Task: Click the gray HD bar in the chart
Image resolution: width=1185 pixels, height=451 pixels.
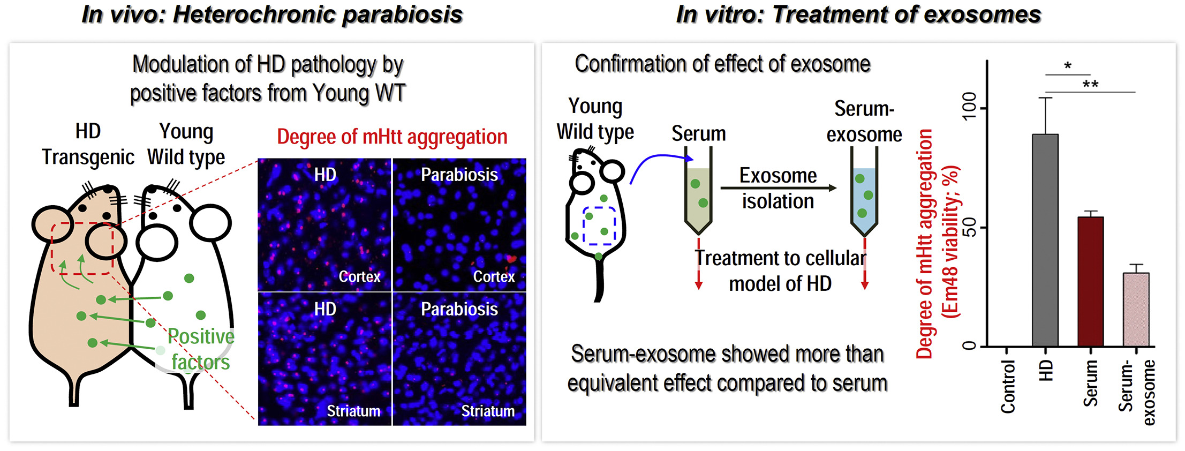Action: coord(1045,241)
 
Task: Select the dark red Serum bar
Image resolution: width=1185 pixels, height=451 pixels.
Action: coord(1090,281)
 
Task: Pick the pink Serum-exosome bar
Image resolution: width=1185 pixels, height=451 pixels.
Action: coord(1136,310)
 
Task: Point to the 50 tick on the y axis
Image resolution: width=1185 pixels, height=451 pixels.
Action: coord(969,227)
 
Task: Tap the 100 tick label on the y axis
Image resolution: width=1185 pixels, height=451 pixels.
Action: coord(969,107)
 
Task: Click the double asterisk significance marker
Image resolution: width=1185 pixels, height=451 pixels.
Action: coord(1090,85)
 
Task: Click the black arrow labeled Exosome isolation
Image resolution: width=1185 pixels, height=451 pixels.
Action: coord(778,188)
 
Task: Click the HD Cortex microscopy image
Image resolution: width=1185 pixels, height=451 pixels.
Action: coord(324,225)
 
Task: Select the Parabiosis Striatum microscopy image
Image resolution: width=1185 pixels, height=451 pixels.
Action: coord(459,359)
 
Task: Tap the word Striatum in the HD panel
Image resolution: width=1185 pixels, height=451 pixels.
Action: coord(353,411)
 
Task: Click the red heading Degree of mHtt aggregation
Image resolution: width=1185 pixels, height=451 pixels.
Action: coord(392,137)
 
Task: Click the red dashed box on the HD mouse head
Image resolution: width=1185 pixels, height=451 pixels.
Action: coord(82,248)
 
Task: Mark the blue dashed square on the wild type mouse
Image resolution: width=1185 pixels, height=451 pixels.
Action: coord(599,225)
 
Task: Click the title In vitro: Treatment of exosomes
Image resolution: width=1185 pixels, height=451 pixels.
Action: coord(858,14)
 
